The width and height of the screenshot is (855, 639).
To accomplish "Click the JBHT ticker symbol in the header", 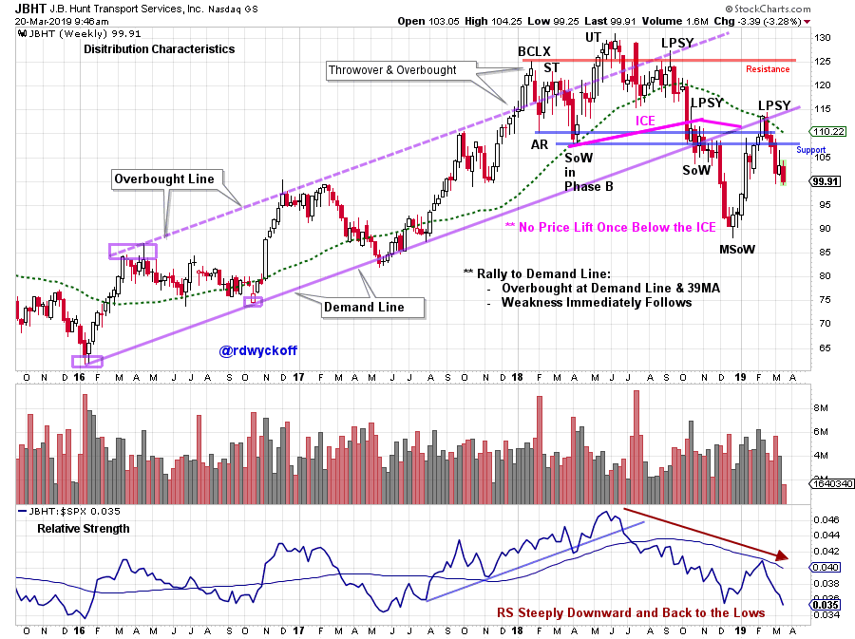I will [29, 8].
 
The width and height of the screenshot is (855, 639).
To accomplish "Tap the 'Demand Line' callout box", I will [364, 307].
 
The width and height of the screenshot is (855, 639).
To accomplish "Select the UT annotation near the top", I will [593, 37].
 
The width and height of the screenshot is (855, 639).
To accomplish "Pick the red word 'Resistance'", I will [767, 69].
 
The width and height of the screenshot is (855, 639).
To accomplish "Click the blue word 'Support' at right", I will [810, 150].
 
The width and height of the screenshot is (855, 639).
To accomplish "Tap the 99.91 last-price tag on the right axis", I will [828, 180].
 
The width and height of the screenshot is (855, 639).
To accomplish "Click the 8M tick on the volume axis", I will [822, 408].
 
